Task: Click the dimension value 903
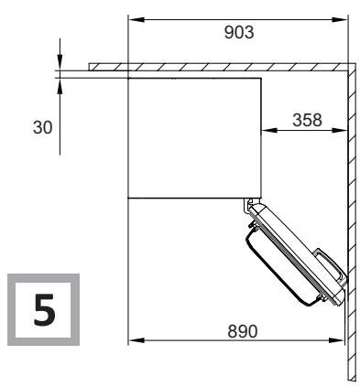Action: (239, 32)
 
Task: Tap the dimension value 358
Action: (307, 120)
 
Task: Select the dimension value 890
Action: (243, 331)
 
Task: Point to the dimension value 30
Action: (42, 127)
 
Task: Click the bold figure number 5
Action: (45, 309)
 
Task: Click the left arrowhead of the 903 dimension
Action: (136, 19)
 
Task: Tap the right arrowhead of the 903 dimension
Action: (340, 19)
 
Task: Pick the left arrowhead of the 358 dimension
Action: (269, 130)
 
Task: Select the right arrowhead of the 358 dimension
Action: (340, 130)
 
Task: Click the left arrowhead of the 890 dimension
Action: (136, 340)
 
